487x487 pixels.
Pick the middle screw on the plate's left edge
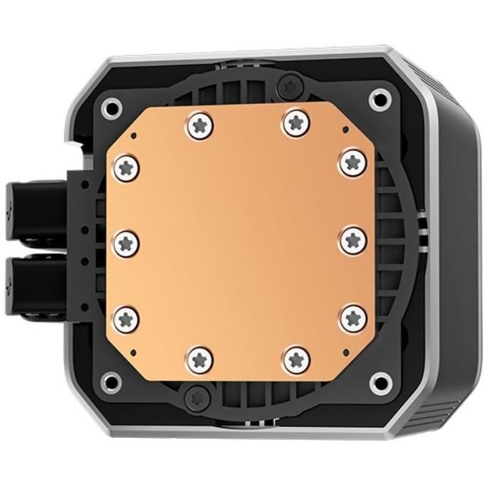pyautogui.click(x=127, y=239)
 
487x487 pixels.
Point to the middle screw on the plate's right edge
pyautogui.click(x=352, y=240)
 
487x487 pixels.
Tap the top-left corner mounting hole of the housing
pyautogui.click(x=111, y=109)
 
